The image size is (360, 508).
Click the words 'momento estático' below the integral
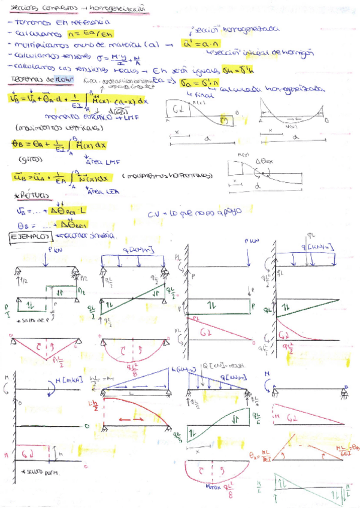tap(62, 119)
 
